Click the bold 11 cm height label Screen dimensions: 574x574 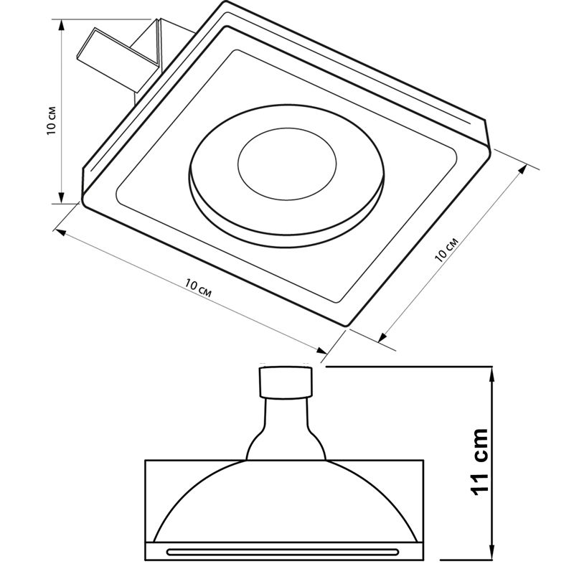click(479, 461)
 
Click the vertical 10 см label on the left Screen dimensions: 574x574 click(51, 121)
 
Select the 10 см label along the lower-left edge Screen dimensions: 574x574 click(198, 288)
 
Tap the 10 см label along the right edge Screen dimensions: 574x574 click(446, 250)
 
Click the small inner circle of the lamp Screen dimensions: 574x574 click(287, 164)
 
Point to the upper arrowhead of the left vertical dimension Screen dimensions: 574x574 click(62, 25)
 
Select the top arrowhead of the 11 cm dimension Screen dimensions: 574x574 click(492, 373)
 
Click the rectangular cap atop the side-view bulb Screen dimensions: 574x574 click(286, 382)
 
